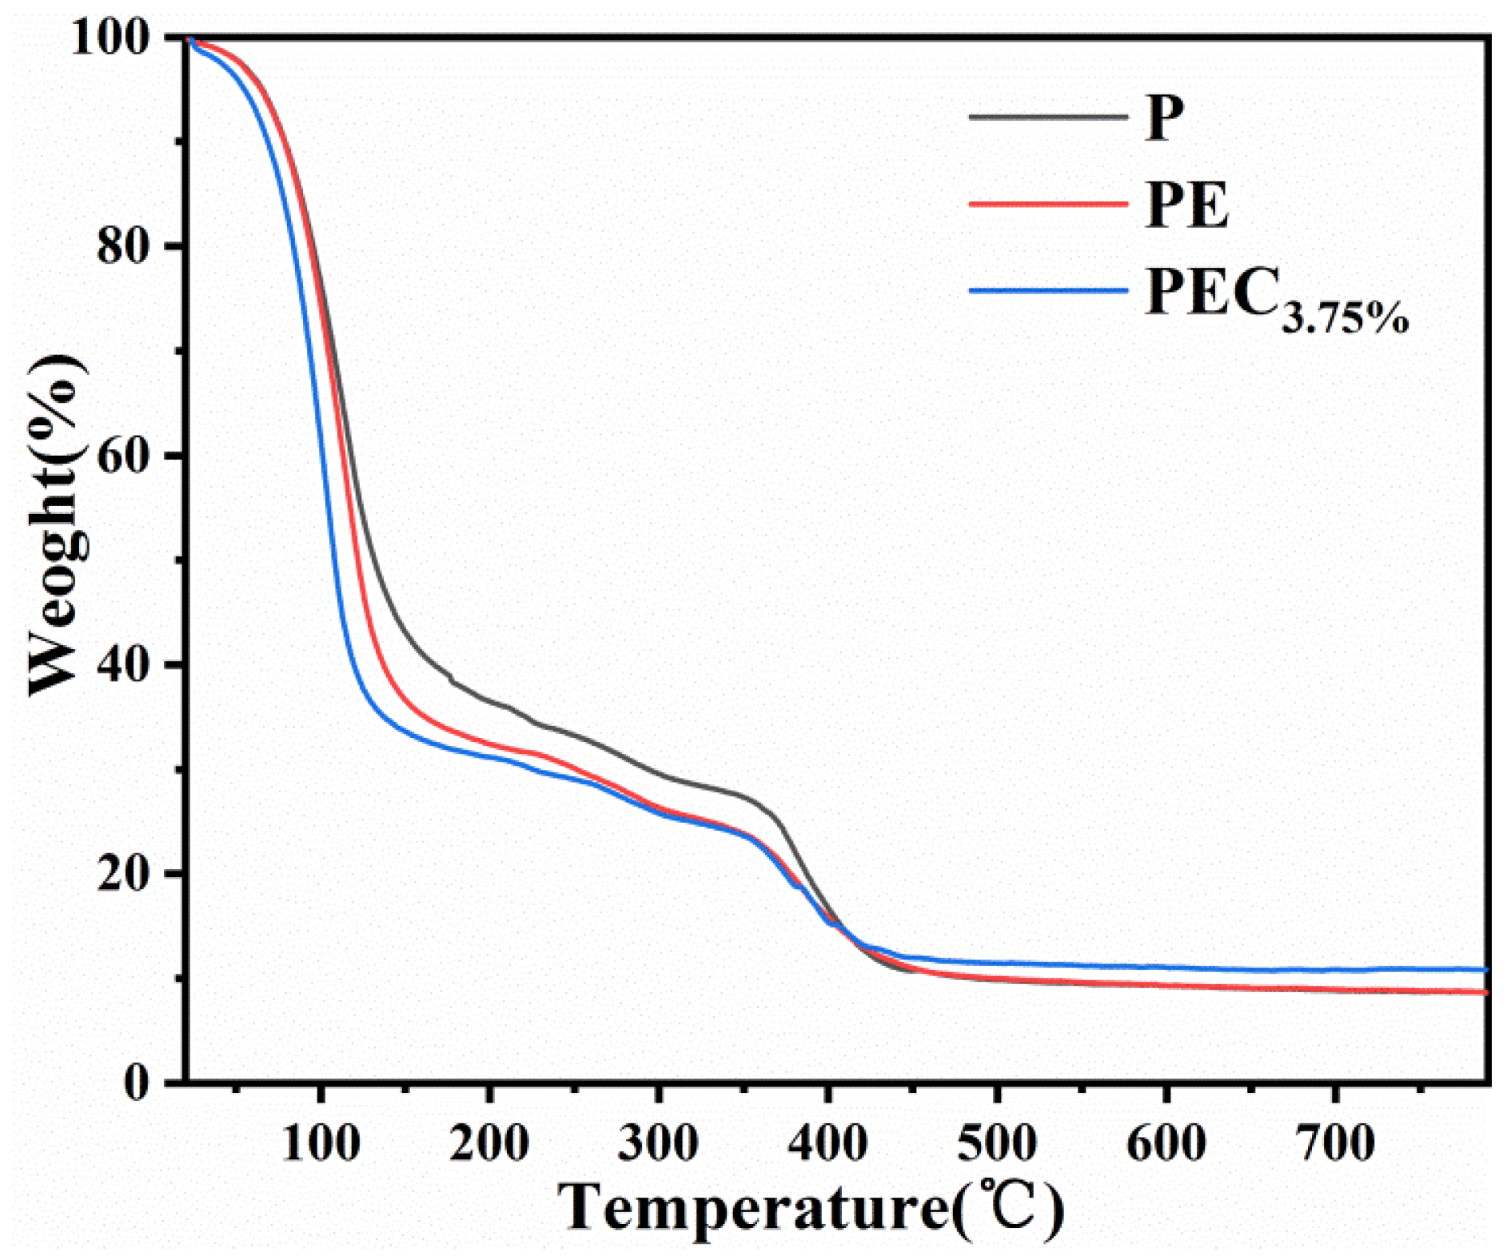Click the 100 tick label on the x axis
[321, 1143]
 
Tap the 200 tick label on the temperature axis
[489, 1143]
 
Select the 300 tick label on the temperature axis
[659, 1143]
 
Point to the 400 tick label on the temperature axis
[828, 1143]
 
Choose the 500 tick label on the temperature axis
[997, 1143]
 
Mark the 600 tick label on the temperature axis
[1166, 1143]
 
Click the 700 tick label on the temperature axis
[1335, 1143]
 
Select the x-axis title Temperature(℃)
[811, 1209]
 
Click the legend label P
[1163, 118]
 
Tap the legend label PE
[1186, 205]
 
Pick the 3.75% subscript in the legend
[1345, 318]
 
